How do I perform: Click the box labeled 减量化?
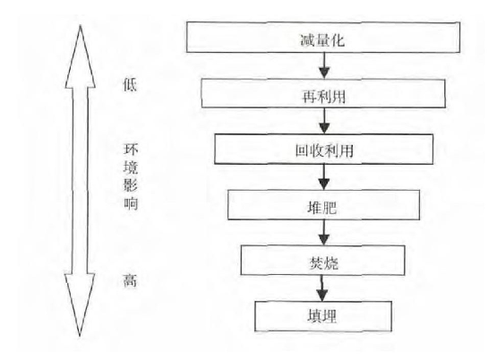click(323, 37)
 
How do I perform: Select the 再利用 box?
click(323, 93)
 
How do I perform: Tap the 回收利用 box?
click(323, 150)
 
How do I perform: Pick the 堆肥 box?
click(323, 205)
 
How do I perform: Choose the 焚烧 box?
click(322, 261)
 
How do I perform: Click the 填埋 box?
click(323, 316)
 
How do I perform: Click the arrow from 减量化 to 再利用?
click(324, 65)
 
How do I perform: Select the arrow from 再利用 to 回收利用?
click(324, 121)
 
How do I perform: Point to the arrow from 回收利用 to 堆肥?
click(324, 177)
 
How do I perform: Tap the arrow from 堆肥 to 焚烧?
click(324, 232)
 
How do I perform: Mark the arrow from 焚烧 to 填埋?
click(322, 288)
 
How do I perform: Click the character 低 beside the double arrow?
click(130, 85)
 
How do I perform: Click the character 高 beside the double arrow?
click(130, 280)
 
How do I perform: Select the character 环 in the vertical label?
click(130, 149)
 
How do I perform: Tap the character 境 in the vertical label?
click(130, 167)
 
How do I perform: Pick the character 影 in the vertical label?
click(130, 184)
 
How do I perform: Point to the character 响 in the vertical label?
click(130, 202)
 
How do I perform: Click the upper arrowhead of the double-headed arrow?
click(81, 57)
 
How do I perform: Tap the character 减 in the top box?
click(308, 40)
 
